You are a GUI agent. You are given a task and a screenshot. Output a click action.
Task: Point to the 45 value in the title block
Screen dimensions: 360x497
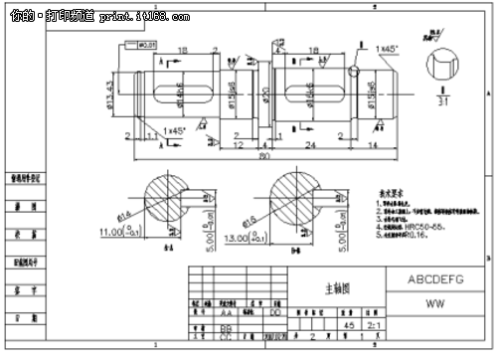point(348,324)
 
